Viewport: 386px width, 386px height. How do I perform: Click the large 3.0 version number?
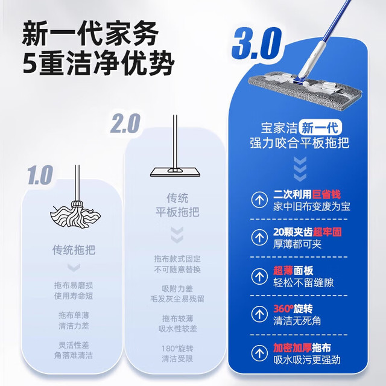coord(256,44)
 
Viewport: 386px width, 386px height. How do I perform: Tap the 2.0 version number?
coord(125,123)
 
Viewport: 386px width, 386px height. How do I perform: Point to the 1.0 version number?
coord(40,175)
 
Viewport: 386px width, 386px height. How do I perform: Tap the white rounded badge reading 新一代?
coord(320,127)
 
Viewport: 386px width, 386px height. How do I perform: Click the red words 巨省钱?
coord(326,194)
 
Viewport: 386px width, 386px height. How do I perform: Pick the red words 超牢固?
coord(327,232)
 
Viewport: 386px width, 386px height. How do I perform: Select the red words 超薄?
coord(283,271)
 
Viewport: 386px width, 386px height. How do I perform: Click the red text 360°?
coord(283,309)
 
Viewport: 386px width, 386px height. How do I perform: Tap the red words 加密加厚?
coord(293,348)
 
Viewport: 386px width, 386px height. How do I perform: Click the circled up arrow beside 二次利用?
coord(259,200)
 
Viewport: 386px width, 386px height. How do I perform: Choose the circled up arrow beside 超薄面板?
coord(259,276)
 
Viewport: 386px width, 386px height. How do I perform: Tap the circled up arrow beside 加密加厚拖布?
coord(259,353)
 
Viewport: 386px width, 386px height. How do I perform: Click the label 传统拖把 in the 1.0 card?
coord(74,250)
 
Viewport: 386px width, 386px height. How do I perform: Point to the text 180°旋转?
coord(177,349)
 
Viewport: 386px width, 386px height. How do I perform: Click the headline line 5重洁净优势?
coord(99,63)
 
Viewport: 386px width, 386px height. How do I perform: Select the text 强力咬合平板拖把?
coord(300,143)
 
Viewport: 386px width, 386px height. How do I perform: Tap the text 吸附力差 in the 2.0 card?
coord(177,288)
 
